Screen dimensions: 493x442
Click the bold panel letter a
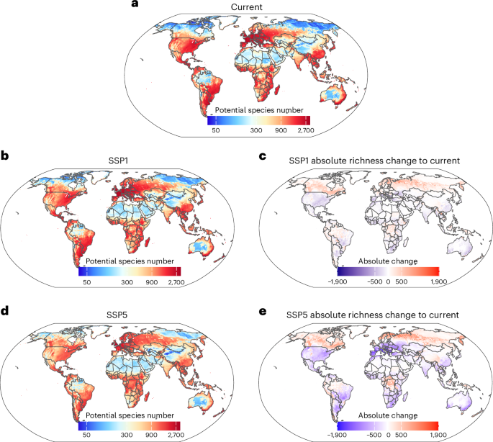pos(135,4)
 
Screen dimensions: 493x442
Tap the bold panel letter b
pos(5,155)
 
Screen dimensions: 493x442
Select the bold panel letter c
pos(263,156)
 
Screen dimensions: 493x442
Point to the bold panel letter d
pos(5,311)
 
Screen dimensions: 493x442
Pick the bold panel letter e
pos(263,312)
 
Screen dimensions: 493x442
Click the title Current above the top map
pos(246,7)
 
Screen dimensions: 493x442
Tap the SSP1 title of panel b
pos(118,161)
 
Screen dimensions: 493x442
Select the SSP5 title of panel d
pos(117,315)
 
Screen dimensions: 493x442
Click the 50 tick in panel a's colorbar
pos(216,130)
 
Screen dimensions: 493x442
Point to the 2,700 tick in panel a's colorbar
pos(306,130)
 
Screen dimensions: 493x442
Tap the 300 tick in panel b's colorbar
pos(127,282)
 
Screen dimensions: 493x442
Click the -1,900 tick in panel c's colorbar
pos(338,281)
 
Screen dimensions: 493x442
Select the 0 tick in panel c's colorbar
pos(388,281)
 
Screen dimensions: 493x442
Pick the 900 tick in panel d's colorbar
pos(151,435)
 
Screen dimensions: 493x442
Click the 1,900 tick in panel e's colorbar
pos(438,435)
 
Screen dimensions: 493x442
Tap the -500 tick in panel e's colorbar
pos(374,435)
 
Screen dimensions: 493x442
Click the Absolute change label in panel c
pos(388,261)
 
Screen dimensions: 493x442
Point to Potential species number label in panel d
pos(130,415)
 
